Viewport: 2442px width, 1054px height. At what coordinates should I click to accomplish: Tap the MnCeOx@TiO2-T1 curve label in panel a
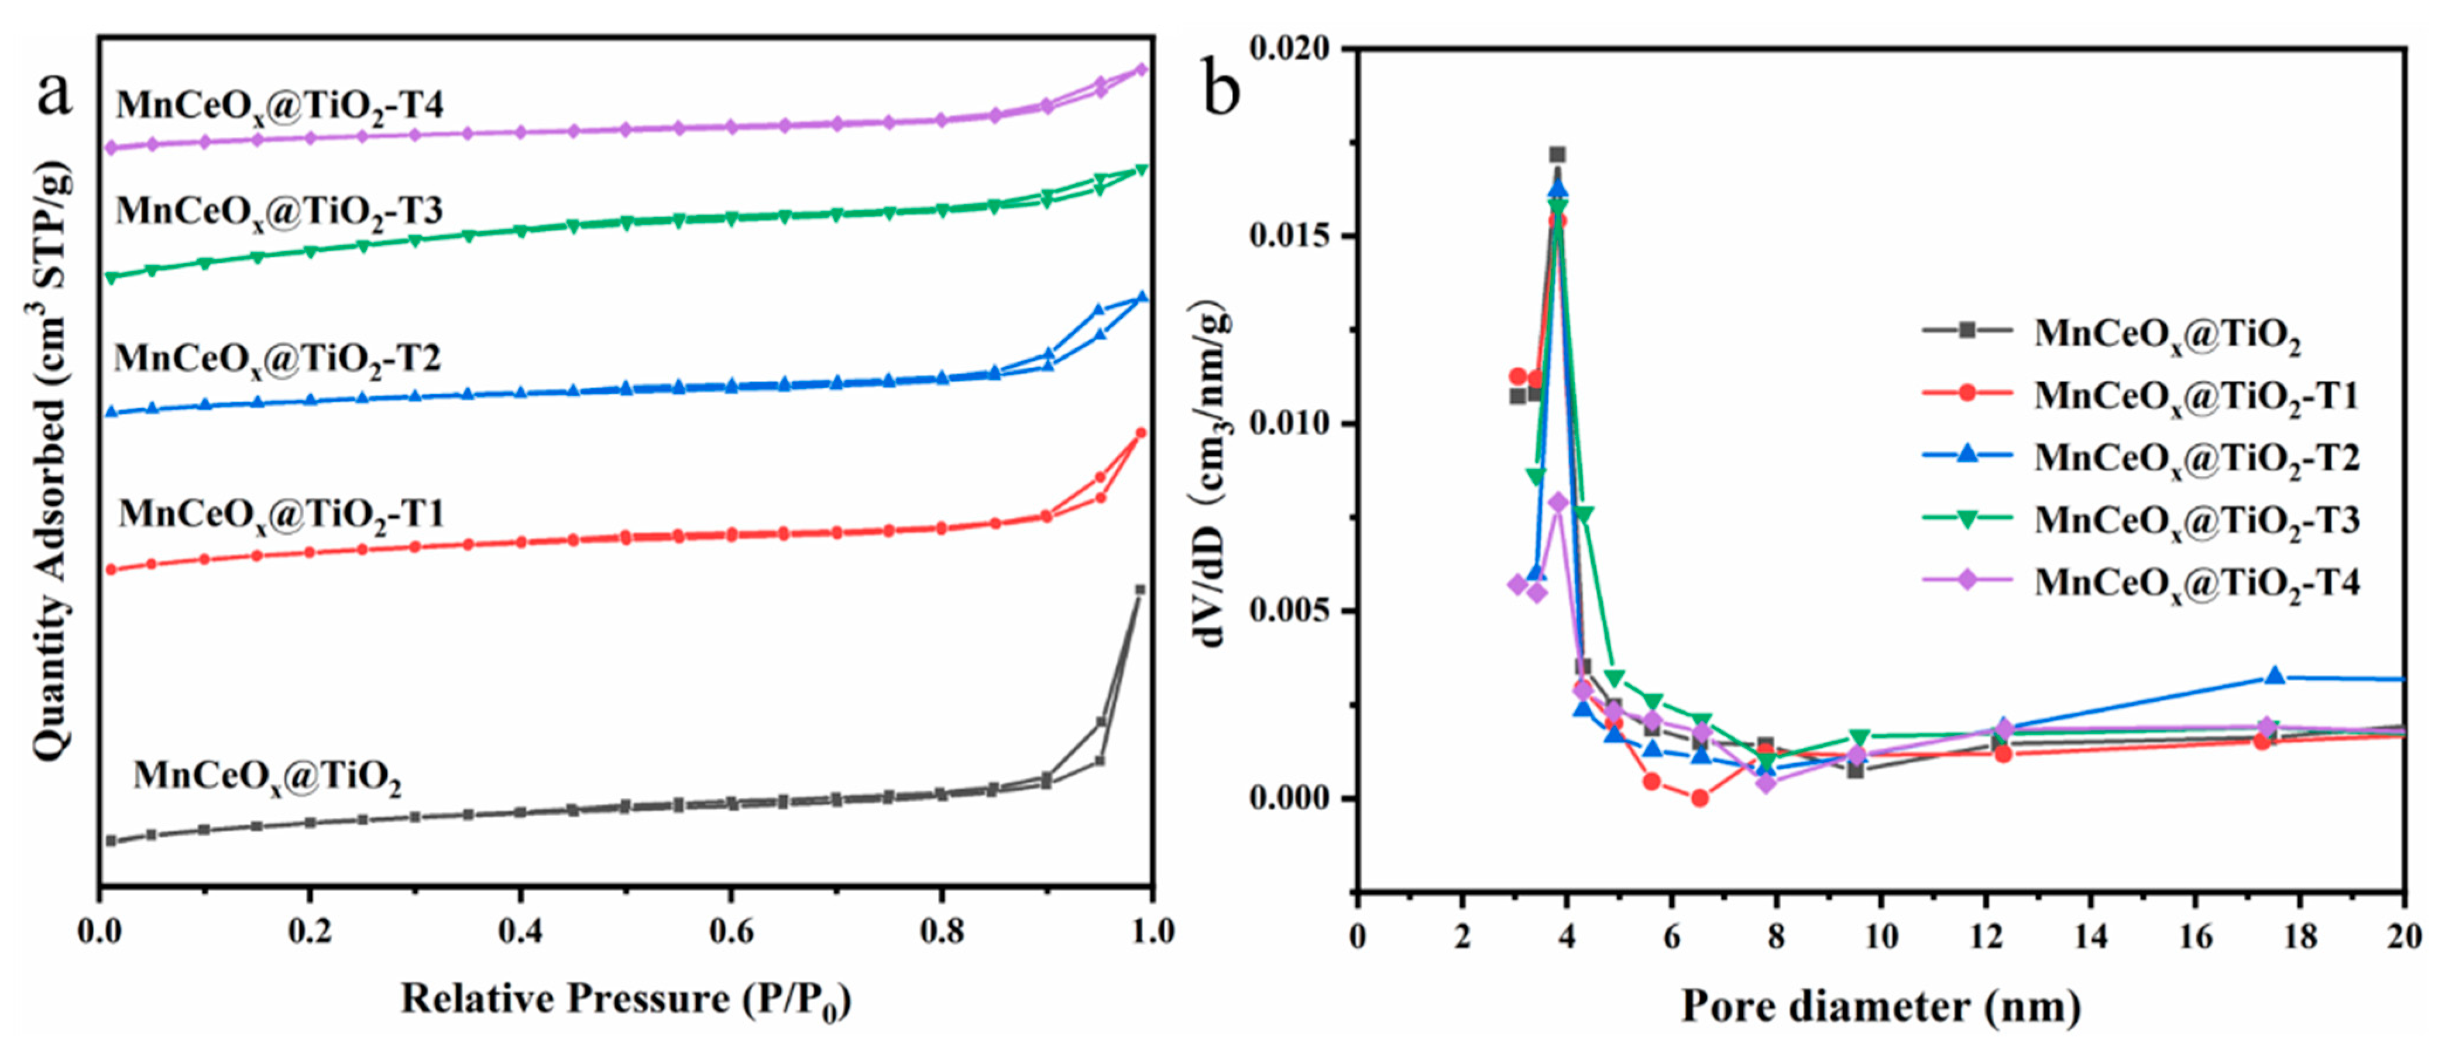[x=281, y=514]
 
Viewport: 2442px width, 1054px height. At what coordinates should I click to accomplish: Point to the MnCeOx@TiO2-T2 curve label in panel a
[x=278, y=359]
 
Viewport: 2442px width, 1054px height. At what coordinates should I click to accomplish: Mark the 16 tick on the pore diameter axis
[x=2196, y=936]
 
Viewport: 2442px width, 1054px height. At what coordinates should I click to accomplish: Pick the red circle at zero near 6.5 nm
[x=1700, y=798]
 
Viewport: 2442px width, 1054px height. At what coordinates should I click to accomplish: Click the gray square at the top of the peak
[x=1558, y=155]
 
